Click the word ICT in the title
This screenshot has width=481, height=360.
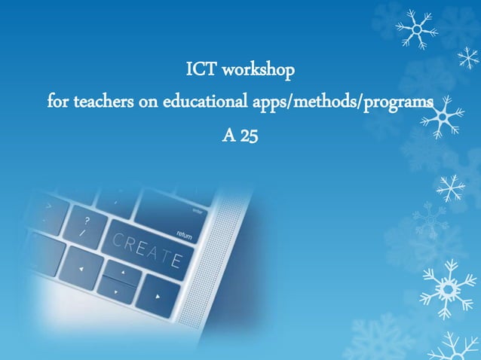[201, 72]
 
